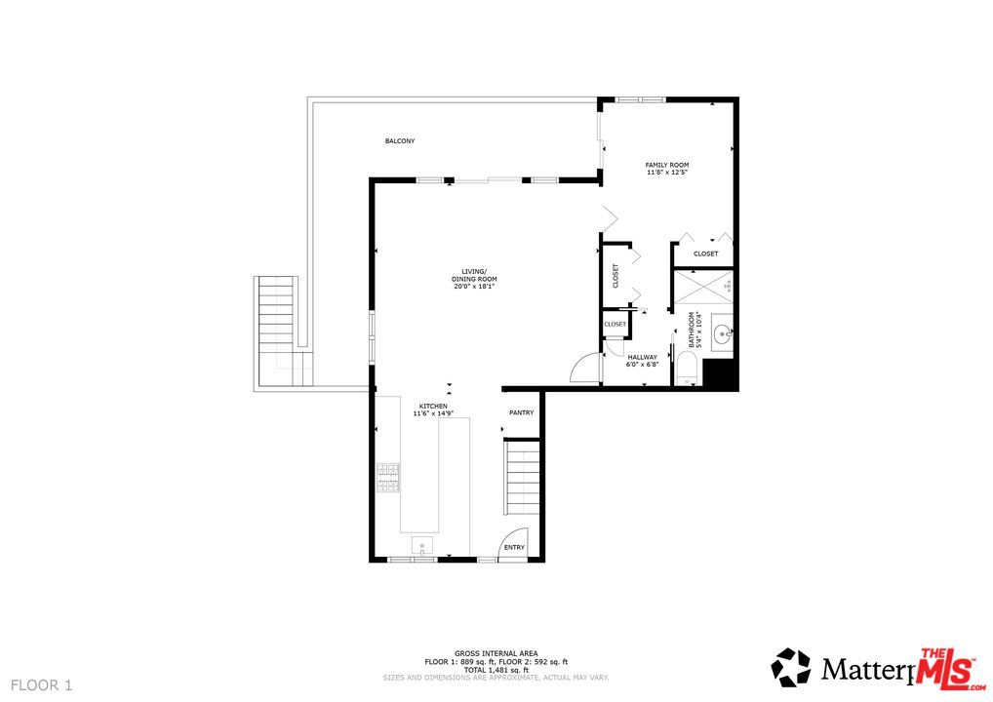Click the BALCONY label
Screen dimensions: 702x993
pos(399,141)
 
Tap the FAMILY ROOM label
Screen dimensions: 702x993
pos(666,165)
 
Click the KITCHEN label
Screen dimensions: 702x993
pos(433,406)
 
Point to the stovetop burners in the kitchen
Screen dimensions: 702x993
pos(388,477)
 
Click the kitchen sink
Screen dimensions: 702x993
pos(422,544)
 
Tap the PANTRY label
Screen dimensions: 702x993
pos(521,412)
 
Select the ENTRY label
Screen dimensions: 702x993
pos(514,547)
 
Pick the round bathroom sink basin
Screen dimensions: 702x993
pos(722,334)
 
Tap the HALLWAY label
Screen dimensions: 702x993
pos(642,357)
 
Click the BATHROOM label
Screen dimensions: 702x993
pos(693,330)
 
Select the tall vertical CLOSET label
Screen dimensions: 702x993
pos(616,276)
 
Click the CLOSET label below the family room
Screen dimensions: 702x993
pos(705,253)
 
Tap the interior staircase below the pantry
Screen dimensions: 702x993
pos(522,478)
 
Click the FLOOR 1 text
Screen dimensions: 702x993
pos(41,685)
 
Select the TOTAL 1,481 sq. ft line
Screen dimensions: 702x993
pos(496,670)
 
